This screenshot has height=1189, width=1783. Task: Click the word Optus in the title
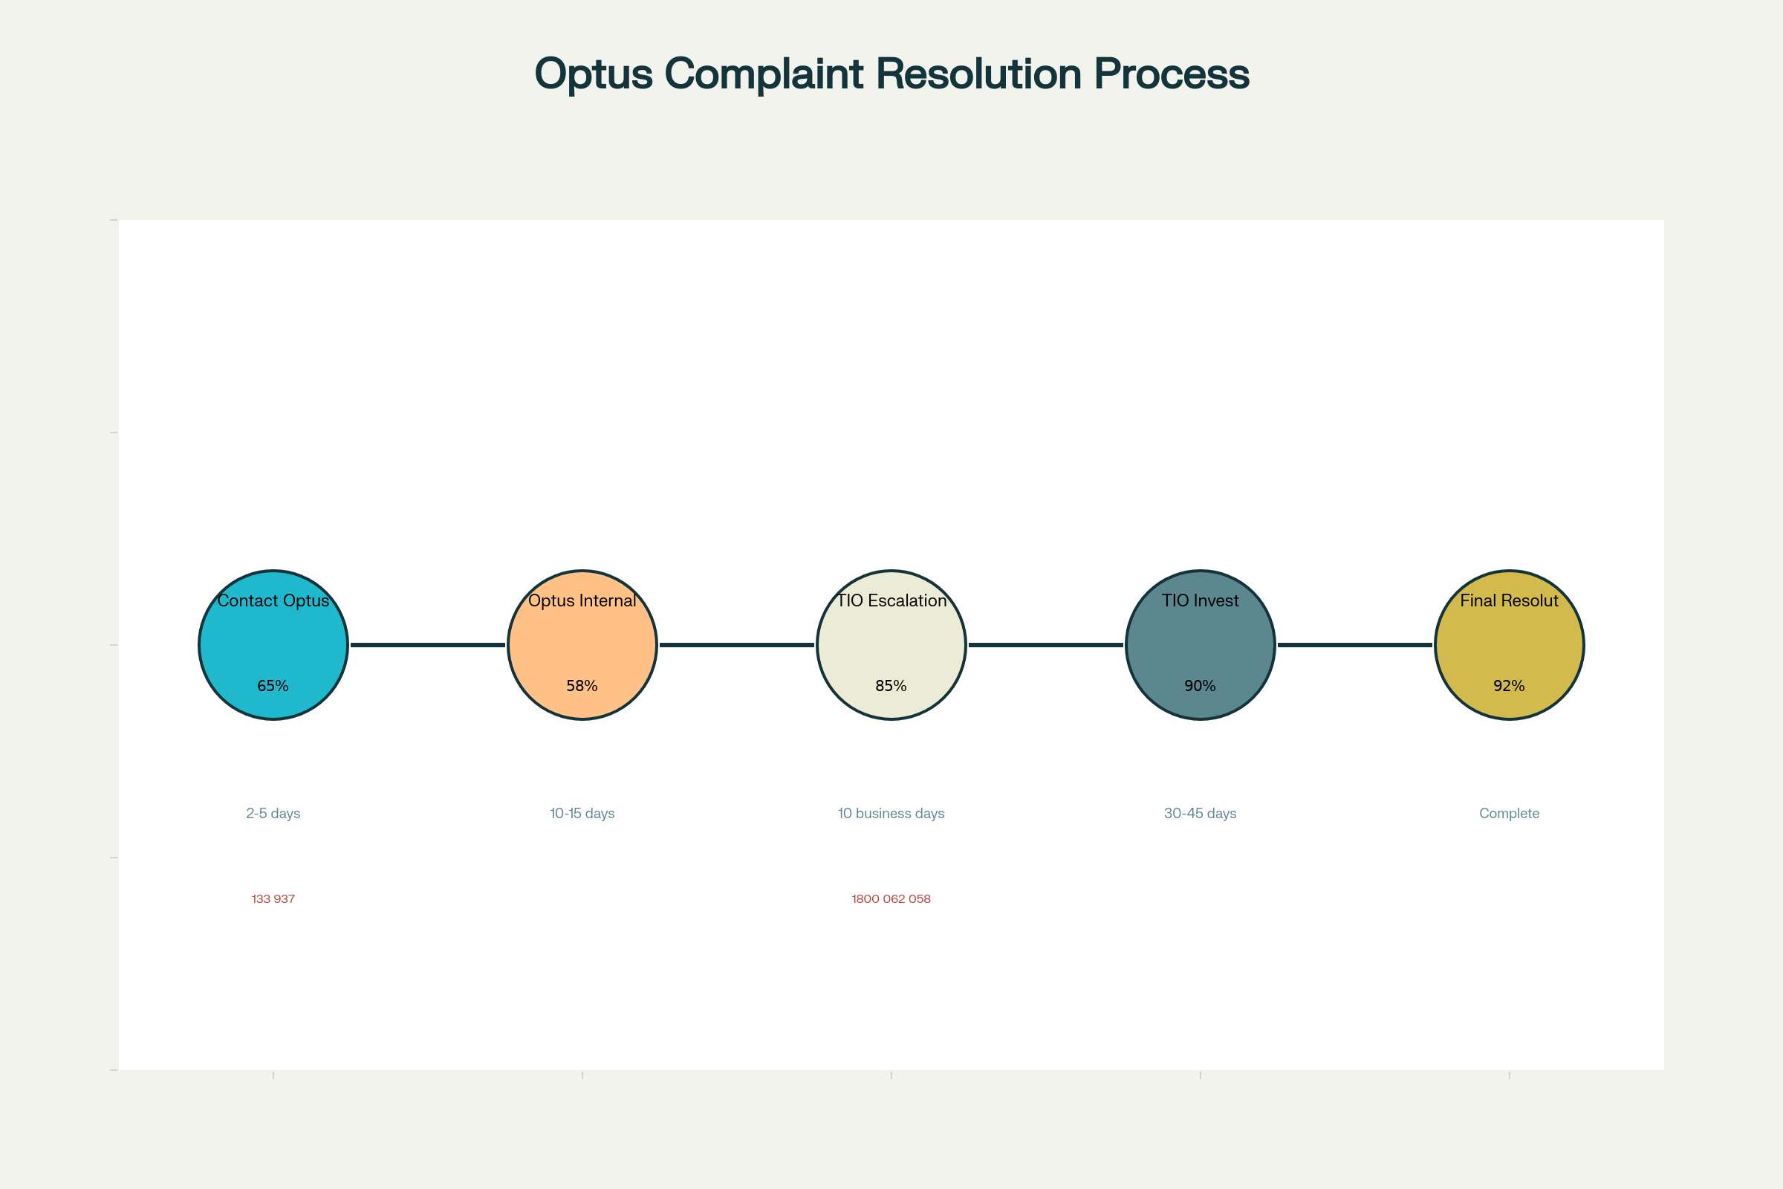tap(593, 74)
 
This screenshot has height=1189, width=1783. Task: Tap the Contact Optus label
tap(273, 600)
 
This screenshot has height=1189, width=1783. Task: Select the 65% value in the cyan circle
tap(273, 685)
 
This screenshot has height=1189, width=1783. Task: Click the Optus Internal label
tap(582, 600)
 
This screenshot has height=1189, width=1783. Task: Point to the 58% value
tap(582, 685)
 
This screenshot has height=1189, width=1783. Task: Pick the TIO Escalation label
tap(891, 600)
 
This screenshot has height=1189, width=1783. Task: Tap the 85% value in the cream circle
tap(891, 685)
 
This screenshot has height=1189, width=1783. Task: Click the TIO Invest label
tap(1200, 600)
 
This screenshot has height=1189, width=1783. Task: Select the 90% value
tap(1200, 685)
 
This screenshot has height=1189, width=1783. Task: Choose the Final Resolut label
tap(1509, 600)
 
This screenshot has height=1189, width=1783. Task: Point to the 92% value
tap(1509, 685)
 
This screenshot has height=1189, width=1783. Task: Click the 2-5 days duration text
tap(273, 814)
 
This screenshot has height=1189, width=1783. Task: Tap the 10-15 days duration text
tap(582, 814)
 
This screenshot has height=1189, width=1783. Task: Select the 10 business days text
tap(891, 814)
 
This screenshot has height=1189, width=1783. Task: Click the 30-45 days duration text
tap(1200, 814)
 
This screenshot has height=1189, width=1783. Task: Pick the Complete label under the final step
tap(1509, 814)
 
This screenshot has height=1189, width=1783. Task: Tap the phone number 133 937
tap(273, 898)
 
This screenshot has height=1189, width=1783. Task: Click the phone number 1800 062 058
tap(891, 898)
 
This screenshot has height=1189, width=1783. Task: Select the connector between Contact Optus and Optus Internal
tap(428, 644)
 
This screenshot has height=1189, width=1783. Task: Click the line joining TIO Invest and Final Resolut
tap(1354, 644)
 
